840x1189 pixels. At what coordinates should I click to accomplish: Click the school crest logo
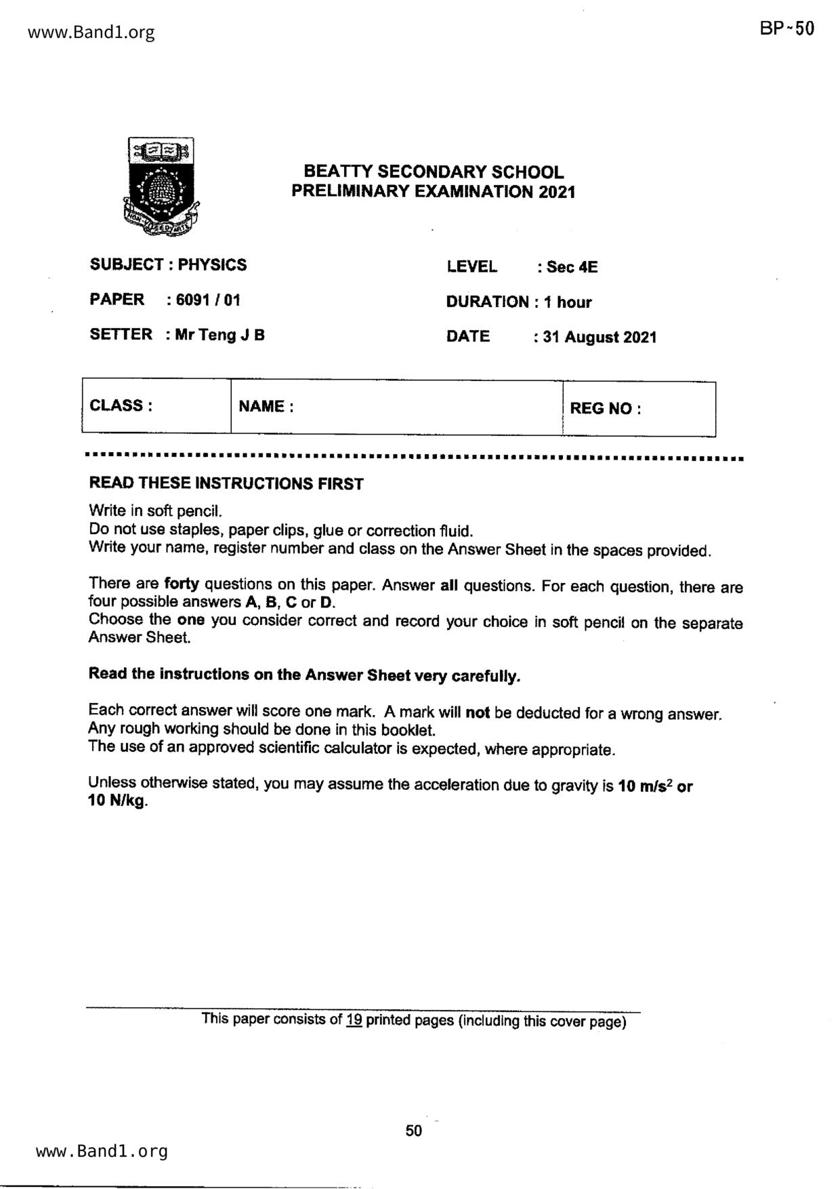click(x=161, y=186)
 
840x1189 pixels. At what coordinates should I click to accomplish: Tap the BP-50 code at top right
click(x=786, y=28)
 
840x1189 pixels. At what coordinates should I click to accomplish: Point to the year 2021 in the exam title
click(x=558, y=192)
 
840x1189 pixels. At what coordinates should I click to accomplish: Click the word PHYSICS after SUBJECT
click(x=212, y=265)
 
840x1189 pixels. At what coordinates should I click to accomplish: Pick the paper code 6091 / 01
click(x=208, y=300)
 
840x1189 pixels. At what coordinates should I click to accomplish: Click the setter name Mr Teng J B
click(x=219, y=335)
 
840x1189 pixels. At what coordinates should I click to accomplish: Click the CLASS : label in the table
click(x=121, y=406)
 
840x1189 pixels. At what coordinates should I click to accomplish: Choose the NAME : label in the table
click(x=266, y=407)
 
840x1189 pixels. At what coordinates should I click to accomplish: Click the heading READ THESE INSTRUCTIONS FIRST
click(x=226, y=484)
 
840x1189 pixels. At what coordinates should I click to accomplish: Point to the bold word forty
click(x=181, y=584)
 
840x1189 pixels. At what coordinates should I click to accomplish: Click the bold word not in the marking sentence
click(x=478, y=713)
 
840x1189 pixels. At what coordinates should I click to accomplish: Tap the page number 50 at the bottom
click(x=413, y=1131)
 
